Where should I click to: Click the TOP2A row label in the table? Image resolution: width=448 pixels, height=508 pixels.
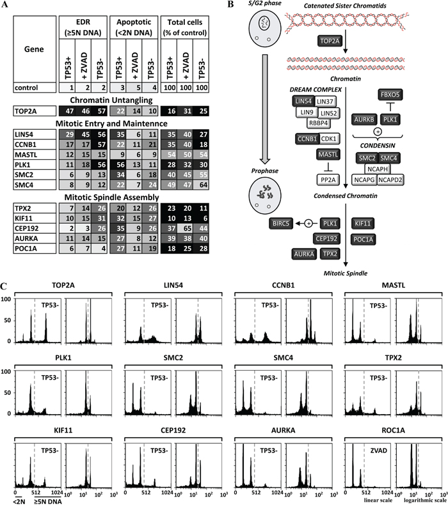coord(35,111)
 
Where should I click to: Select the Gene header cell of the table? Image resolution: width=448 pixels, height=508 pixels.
coord(35,49)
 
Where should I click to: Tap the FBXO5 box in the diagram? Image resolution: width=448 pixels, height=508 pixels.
coord(390,95)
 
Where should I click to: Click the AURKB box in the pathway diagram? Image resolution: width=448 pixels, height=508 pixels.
coord(364,119)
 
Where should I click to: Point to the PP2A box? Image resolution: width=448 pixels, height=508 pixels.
coord(328,180)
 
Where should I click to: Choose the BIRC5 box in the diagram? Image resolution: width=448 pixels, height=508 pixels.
coord(281,223)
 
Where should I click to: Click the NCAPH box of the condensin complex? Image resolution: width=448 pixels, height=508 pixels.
coord(378,169)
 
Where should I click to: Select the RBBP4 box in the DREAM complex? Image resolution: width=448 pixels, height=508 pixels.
coord(318,123)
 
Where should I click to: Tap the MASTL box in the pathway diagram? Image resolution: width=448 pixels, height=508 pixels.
coord(328,154)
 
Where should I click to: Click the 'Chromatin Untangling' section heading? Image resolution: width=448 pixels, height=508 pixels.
coord(111,100)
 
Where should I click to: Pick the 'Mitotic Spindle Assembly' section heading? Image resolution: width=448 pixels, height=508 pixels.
coord(111,197)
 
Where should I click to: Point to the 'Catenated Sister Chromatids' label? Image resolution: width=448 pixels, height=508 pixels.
coord(345,6)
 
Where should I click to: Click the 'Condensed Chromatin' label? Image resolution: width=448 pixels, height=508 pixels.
coord(346,196)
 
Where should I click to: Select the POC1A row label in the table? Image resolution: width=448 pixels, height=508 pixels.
coord(35,249)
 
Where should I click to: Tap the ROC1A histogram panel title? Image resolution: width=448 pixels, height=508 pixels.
coord(393,430)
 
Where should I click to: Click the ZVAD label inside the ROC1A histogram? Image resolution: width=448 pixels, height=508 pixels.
coord(379,450)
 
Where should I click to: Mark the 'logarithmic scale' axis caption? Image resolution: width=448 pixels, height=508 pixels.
coord(426,500)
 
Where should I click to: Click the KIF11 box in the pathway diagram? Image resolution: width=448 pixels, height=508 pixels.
coord(363,223)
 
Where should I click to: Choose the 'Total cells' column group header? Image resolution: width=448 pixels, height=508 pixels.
coord(184,27)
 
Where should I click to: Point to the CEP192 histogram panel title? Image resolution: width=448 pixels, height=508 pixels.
coord(173,430)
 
